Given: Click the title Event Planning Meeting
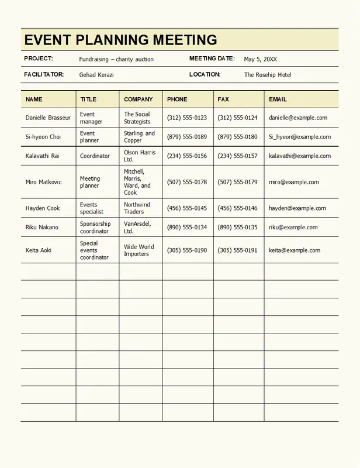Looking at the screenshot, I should click(x=121, y=40).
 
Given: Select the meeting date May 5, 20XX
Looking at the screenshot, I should click(x=260, y=59).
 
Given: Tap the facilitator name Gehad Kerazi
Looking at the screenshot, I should click(x=96, y=75).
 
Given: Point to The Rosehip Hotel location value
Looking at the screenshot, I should click(x=268, y=75).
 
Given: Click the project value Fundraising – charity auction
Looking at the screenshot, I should click(x=116, y=59).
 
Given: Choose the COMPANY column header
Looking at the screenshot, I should click(x=139, y=99).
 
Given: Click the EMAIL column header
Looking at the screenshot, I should click(x=278, y=99).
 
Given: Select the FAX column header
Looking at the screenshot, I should click(x=223, y=99).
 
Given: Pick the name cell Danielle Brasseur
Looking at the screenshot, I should click(x=48, y=118).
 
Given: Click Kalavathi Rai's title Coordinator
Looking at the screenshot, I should click(x=95, y=156).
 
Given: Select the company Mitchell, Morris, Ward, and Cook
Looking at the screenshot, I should click(x=137, y=182).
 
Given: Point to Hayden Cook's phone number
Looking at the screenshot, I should click(x=187, y=208).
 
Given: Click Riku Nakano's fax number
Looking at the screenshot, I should click(x=237, y=228).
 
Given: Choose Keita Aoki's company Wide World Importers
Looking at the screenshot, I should click(x=139, y=250).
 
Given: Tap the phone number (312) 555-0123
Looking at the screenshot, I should click(x=187, y=118).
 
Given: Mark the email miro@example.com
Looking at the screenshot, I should click(x=294, y=182).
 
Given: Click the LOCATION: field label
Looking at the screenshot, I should click(x=205, y=74).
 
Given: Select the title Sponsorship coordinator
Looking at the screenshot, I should click(x=95, y=228).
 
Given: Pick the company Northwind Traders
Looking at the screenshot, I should click(x=137, y=208).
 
